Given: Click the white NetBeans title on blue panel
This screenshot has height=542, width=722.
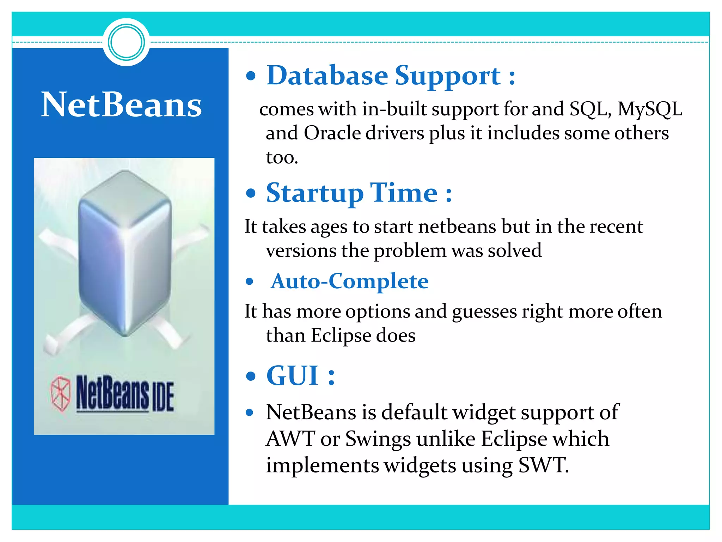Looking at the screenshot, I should [x=122, y=105].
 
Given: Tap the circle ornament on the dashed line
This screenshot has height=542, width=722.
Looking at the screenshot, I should [x=126, y=42].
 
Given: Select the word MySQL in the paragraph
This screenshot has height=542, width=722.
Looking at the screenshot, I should [x=649, y=109].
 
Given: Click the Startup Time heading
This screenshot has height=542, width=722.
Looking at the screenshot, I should [x=359, y=193].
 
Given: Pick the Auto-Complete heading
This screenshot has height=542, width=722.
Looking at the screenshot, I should [x=349, y=281].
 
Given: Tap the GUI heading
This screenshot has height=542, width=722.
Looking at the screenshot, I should [x=300, y=375].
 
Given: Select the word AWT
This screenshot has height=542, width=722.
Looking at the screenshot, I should [x=290, y=439].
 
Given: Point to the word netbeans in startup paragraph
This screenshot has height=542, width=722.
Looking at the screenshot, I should [x=457, y=227].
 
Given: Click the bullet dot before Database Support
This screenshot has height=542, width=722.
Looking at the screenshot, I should [x=250, y=76].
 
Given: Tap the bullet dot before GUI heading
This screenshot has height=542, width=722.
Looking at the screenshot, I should [x=250, y=376].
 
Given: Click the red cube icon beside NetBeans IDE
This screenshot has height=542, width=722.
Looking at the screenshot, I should [x=61, y=393].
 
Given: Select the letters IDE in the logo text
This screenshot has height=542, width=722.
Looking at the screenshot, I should [x=163, y=398].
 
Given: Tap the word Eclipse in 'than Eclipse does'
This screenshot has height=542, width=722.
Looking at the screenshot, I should [x=341, y=335].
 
